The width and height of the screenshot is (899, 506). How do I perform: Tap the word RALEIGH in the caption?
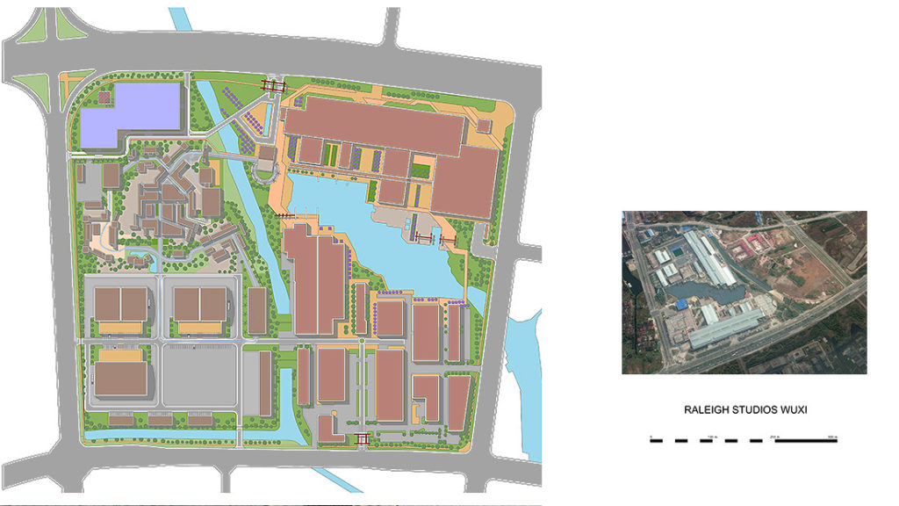pyautogui.click(x=708, y=410)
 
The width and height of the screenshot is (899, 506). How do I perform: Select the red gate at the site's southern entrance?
pyautogui.click(x=361, y=439)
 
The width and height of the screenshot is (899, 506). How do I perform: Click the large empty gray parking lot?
pyautogui.click(x=199, y=373)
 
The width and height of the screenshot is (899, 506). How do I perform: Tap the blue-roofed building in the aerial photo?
pyautogui.click(x=681, y=304)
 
